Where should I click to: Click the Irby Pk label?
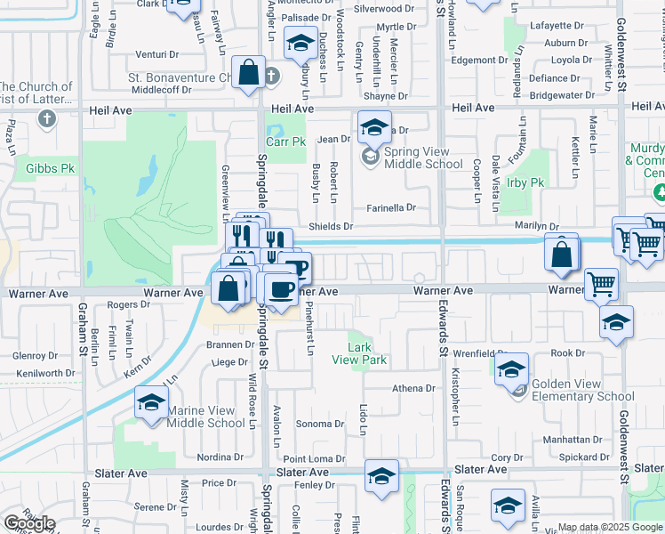(524, 182)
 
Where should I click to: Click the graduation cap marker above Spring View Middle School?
(375, 125)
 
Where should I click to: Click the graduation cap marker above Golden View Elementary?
(512, 368)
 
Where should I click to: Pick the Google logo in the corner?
(28, 523)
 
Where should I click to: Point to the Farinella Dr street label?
(391, 208)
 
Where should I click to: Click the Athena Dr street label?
(414, 388)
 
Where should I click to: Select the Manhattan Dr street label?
(573, 440)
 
